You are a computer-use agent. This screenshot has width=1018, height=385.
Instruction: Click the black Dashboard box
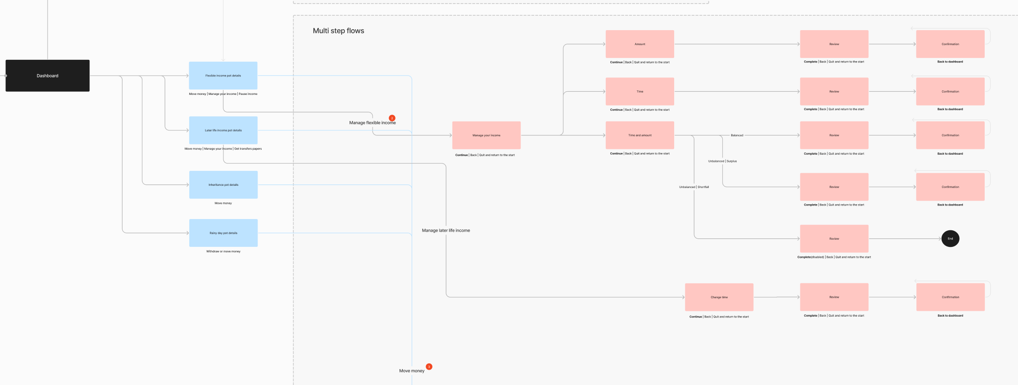[x=47, y=76]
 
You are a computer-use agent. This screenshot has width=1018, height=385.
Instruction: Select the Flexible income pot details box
[x=223, y=76]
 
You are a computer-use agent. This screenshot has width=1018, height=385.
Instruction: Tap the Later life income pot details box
[x=223, y=130]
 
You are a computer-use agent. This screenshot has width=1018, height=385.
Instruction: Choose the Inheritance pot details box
[x=223, y=185]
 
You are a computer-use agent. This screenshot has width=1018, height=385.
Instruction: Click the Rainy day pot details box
[x=223, y=233]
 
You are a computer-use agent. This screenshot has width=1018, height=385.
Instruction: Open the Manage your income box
[x=486, y=135]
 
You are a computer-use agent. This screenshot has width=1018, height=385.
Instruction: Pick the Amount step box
[x=640, y=44]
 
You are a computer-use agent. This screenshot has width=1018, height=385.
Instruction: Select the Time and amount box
[x=640, y=135]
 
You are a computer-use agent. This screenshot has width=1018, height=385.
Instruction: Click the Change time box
[x=719, y=297]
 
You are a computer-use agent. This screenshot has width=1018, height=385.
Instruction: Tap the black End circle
[x=950, y=239]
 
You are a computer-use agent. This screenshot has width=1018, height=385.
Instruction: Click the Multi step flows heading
[x=338, y=31]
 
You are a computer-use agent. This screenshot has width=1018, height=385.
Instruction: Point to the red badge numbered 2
[x=392, y=118]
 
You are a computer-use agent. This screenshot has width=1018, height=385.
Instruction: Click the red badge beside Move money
[x=429, y=367]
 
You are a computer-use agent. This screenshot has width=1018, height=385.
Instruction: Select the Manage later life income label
[x=446, y=230]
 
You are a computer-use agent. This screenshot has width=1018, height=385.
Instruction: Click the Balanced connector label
[x=737, y=135]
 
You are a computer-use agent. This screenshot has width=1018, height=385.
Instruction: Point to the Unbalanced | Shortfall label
[x=694, y=187]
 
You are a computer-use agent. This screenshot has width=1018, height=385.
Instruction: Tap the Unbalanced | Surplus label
[x=722, y=161]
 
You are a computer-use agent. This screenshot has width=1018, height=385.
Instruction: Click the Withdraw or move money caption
[x=223, y=251]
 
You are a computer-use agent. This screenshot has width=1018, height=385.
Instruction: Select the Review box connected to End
[x=834, y=239]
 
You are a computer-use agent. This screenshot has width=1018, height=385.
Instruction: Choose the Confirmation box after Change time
[x=950, y=297]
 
